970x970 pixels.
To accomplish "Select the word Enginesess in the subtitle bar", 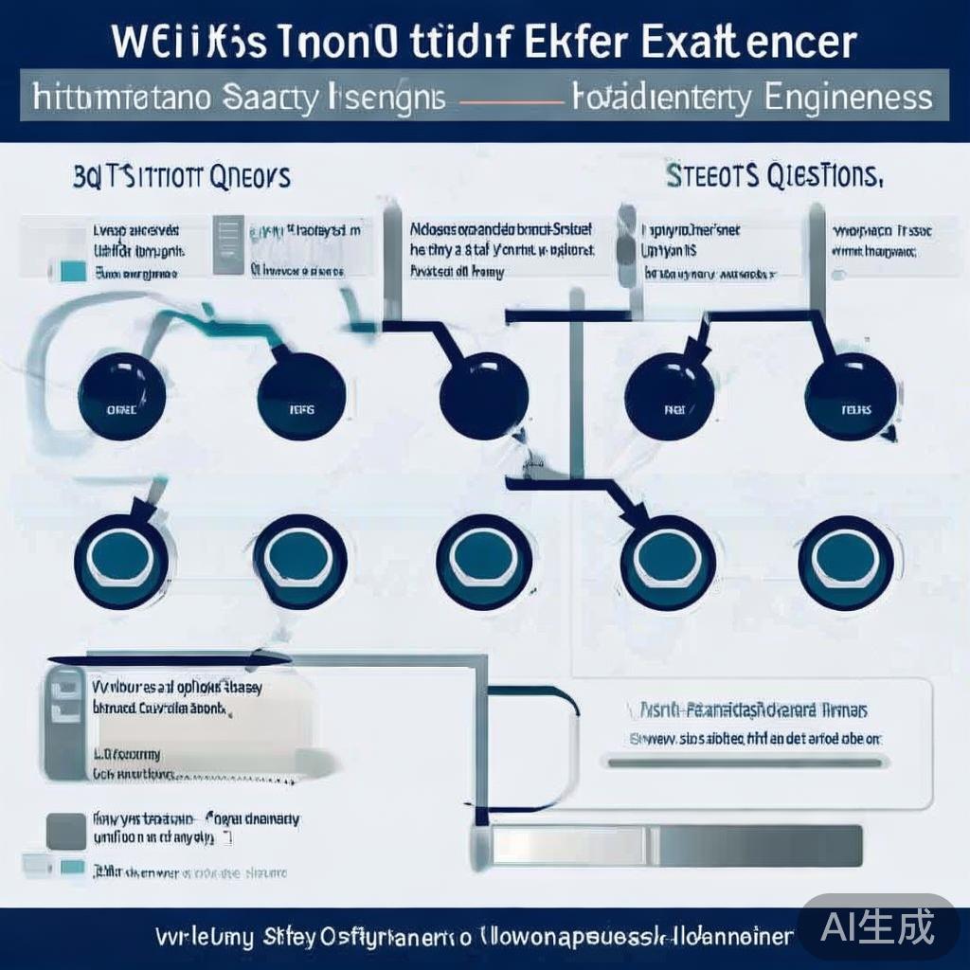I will [x=845, y=99].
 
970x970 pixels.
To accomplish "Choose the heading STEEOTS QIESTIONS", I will [x=774, y=176].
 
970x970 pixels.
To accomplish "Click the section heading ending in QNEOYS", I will [x=183, y=177].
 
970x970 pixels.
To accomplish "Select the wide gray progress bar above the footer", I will [x=676, y=845].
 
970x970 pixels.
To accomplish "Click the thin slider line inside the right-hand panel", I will [x=746, y=761].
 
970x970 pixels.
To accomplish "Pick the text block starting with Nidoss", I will [x=502, y=250].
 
